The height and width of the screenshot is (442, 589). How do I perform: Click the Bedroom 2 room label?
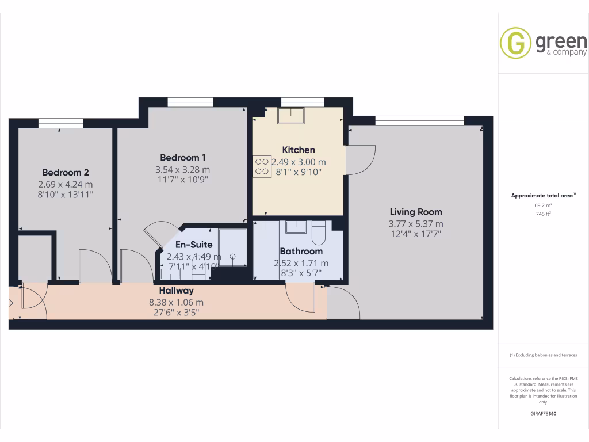coord(66,172)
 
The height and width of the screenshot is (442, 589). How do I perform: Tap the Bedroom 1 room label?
coord(183,157)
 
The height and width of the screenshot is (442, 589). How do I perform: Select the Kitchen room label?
coord(299,150)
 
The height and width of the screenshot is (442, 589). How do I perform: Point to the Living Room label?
coord(416,211)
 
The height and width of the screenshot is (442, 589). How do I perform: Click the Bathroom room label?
coord(301,251)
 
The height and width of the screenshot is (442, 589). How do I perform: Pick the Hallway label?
coord(177,291)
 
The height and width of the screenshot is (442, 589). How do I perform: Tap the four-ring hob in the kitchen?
coord(261,166)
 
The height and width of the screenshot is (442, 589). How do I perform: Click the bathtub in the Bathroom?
coord(266,249)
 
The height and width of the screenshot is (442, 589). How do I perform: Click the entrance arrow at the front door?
coord(10,302)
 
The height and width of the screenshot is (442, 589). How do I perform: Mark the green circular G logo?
coord(515,43)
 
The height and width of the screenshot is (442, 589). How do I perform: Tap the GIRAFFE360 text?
coord(543,414)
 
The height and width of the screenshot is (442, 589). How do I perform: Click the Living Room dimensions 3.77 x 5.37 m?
coord(416,224)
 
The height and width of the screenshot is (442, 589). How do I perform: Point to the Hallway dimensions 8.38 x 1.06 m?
coord(176,302)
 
